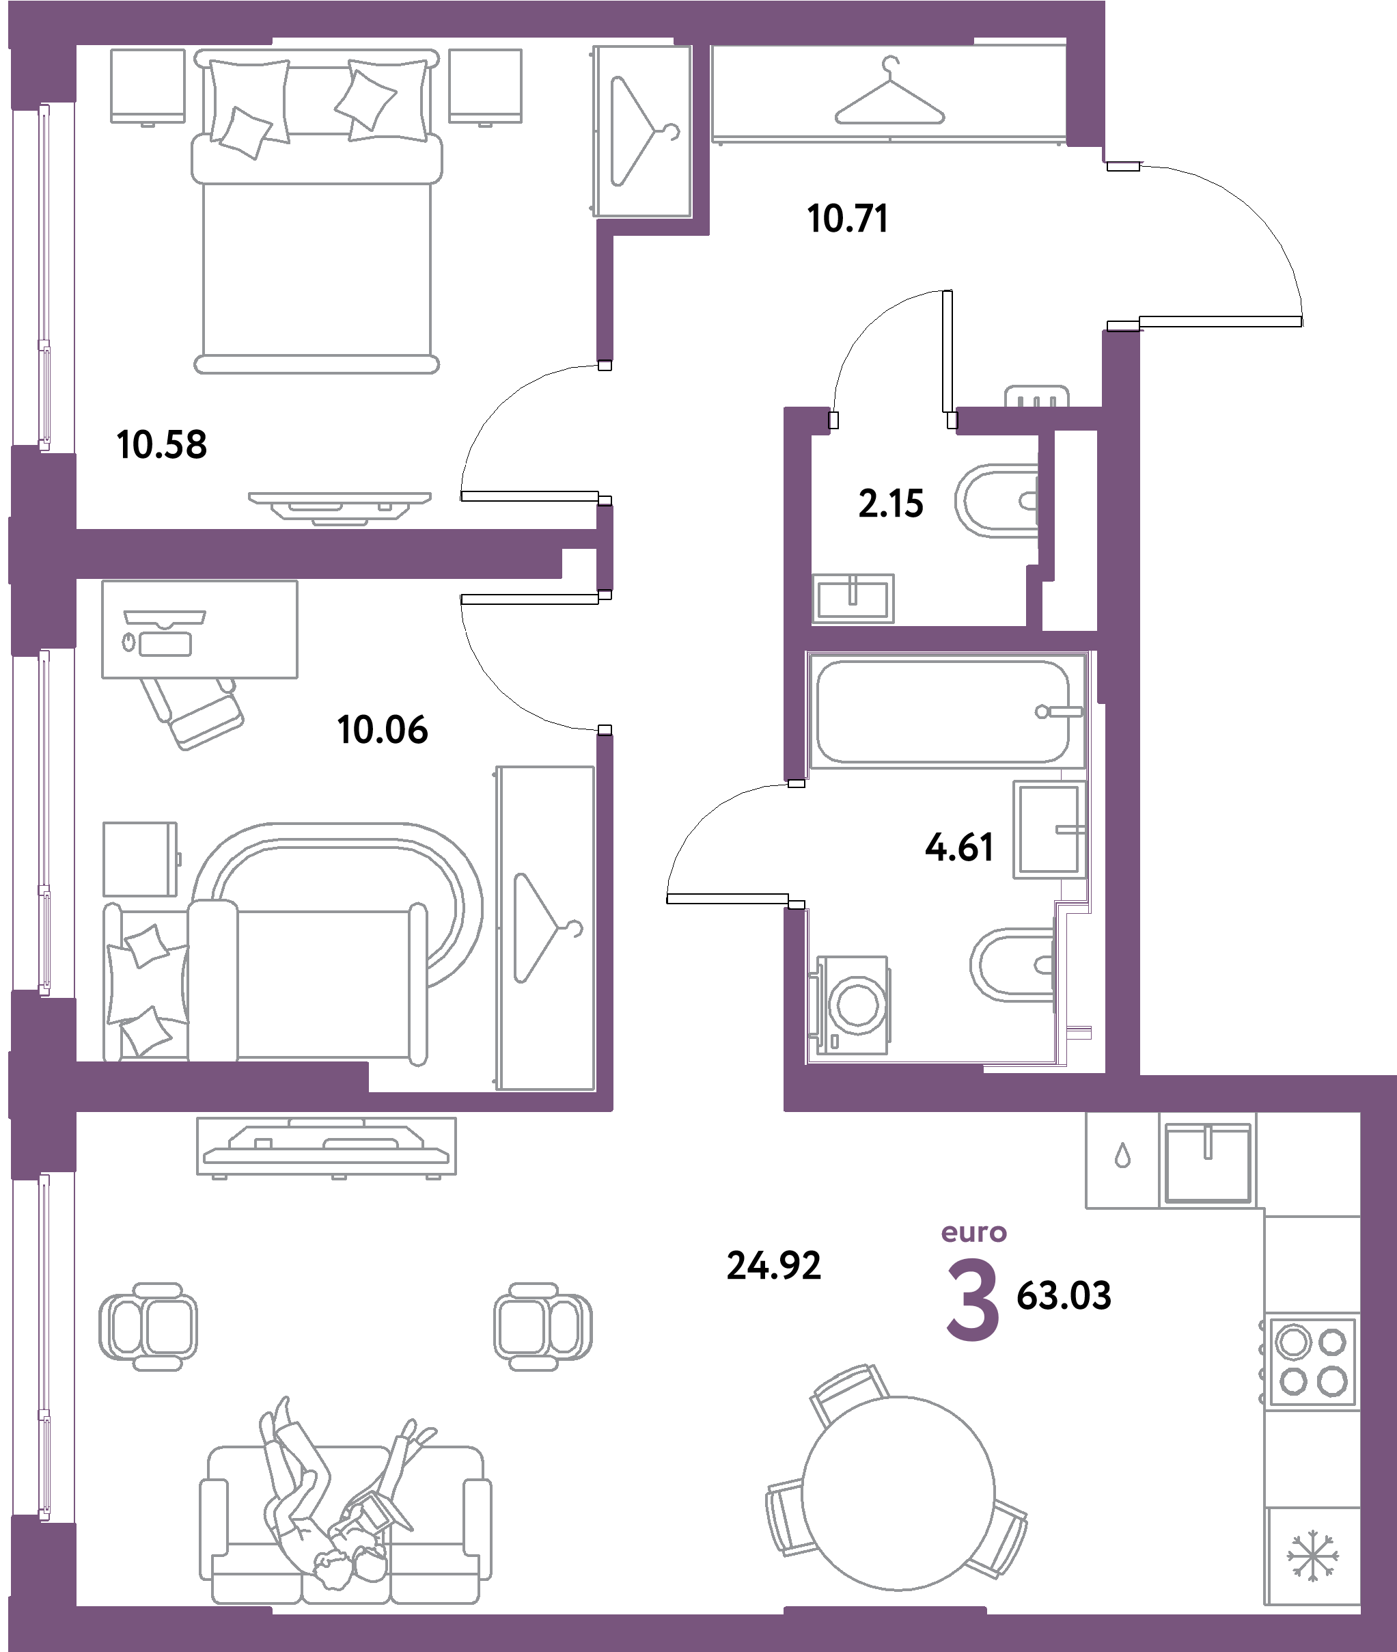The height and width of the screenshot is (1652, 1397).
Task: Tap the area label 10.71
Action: [x=847, y=219]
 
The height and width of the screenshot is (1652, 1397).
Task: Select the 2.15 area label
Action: [x=891, y=504]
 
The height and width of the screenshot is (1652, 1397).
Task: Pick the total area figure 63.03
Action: [x=1064, y=1297]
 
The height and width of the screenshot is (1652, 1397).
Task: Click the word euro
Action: [x=973, y=1233]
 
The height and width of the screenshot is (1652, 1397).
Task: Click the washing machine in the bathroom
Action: [x=852, y=1004]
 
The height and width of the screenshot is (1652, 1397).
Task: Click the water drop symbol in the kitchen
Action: [x=1122, y=1158]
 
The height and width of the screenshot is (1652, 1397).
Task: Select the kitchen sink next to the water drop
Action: [x=1208, y=1160]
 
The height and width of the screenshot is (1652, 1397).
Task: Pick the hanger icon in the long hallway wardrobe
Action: [x=890, y=96]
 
